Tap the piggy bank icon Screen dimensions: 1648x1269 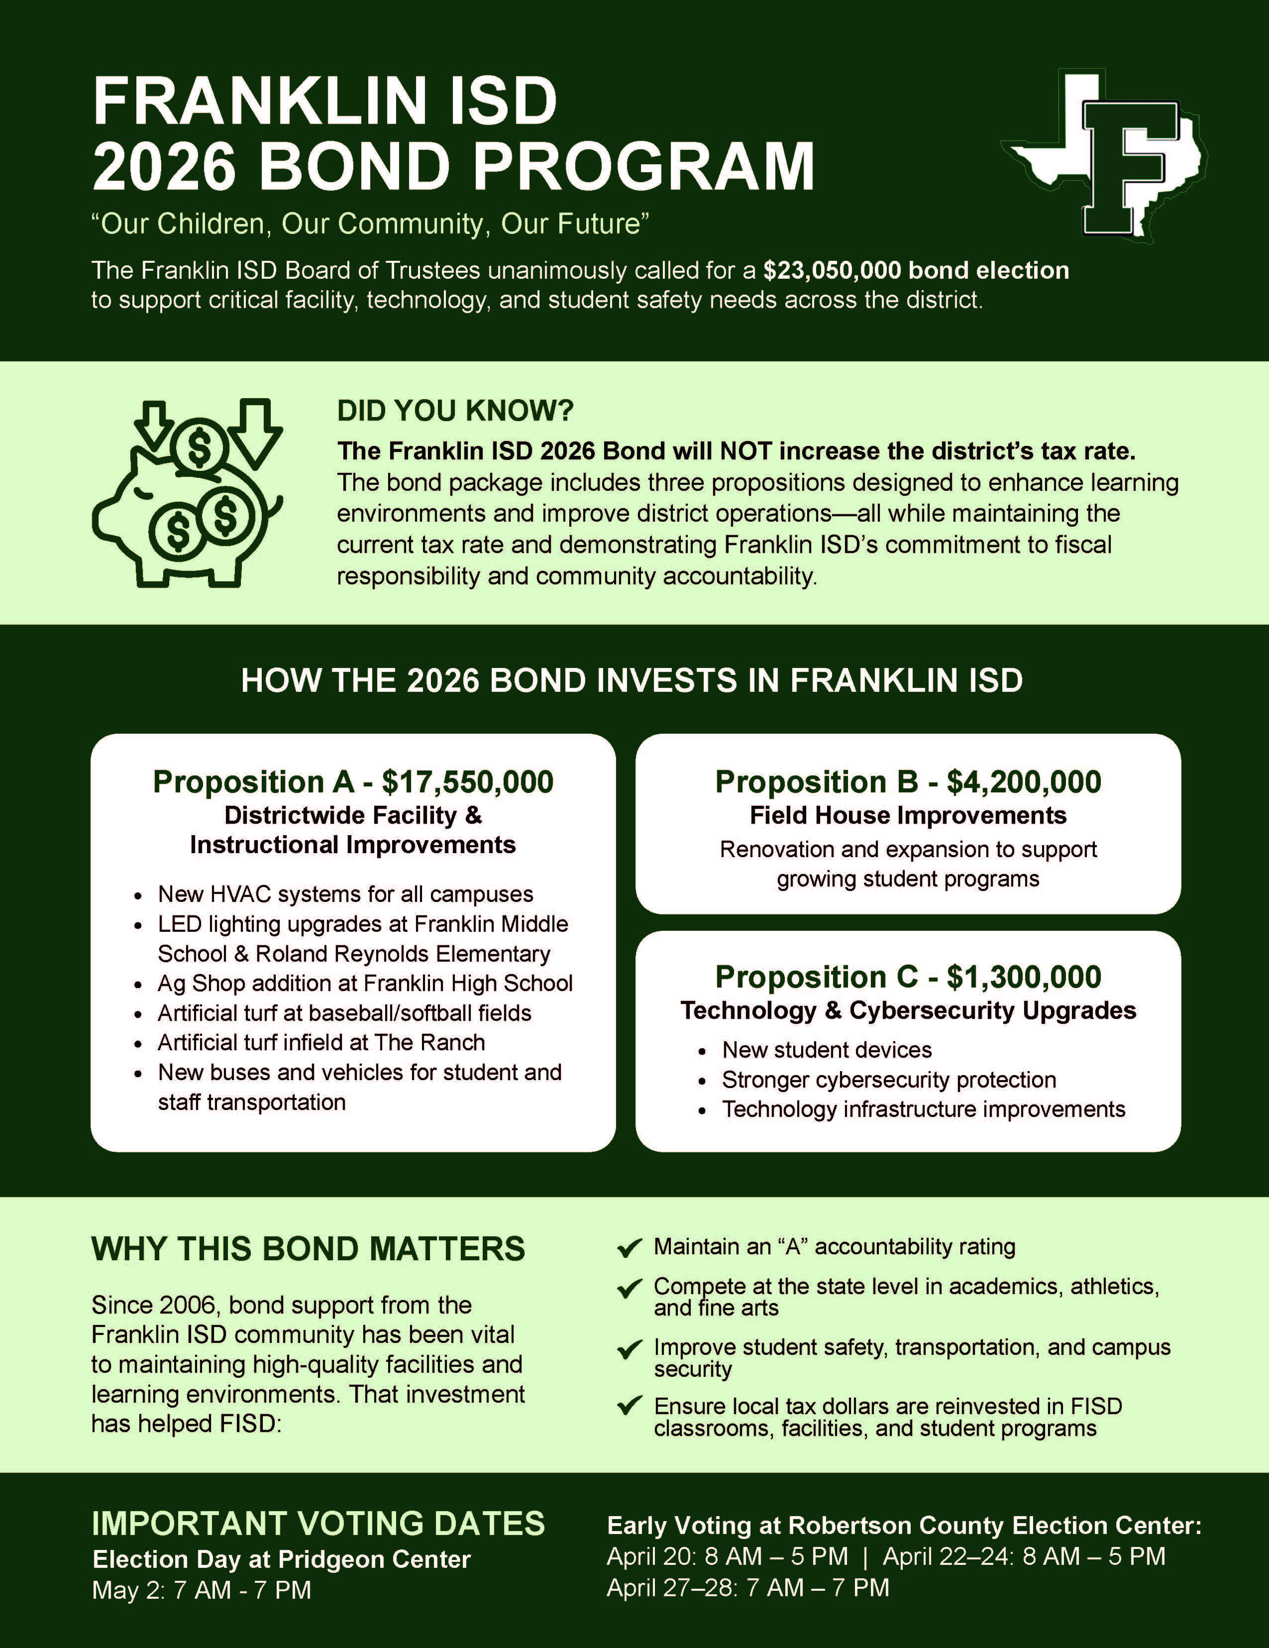(187, 494)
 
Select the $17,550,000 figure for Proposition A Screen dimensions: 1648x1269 (468, 782)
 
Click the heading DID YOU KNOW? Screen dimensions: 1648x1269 (455, 411)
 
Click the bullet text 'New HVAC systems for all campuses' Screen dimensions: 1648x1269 (345, 894)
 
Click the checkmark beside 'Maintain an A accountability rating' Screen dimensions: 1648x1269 (629, 1248)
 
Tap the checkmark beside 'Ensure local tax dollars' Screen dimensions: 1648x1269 (629, 1406)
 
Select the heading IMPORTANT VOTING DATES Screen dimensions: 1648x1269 (317, 1524)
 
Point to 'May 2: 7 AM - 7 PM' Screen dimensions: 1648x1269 (202, 1590)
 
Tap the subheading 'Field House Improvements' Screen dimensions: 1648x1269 (908, 816)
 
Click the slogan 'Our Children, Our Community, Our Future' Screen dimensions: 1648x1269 (370, 224)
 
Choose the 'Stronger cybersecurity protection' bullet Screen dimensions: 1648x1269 (889, 1080)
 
